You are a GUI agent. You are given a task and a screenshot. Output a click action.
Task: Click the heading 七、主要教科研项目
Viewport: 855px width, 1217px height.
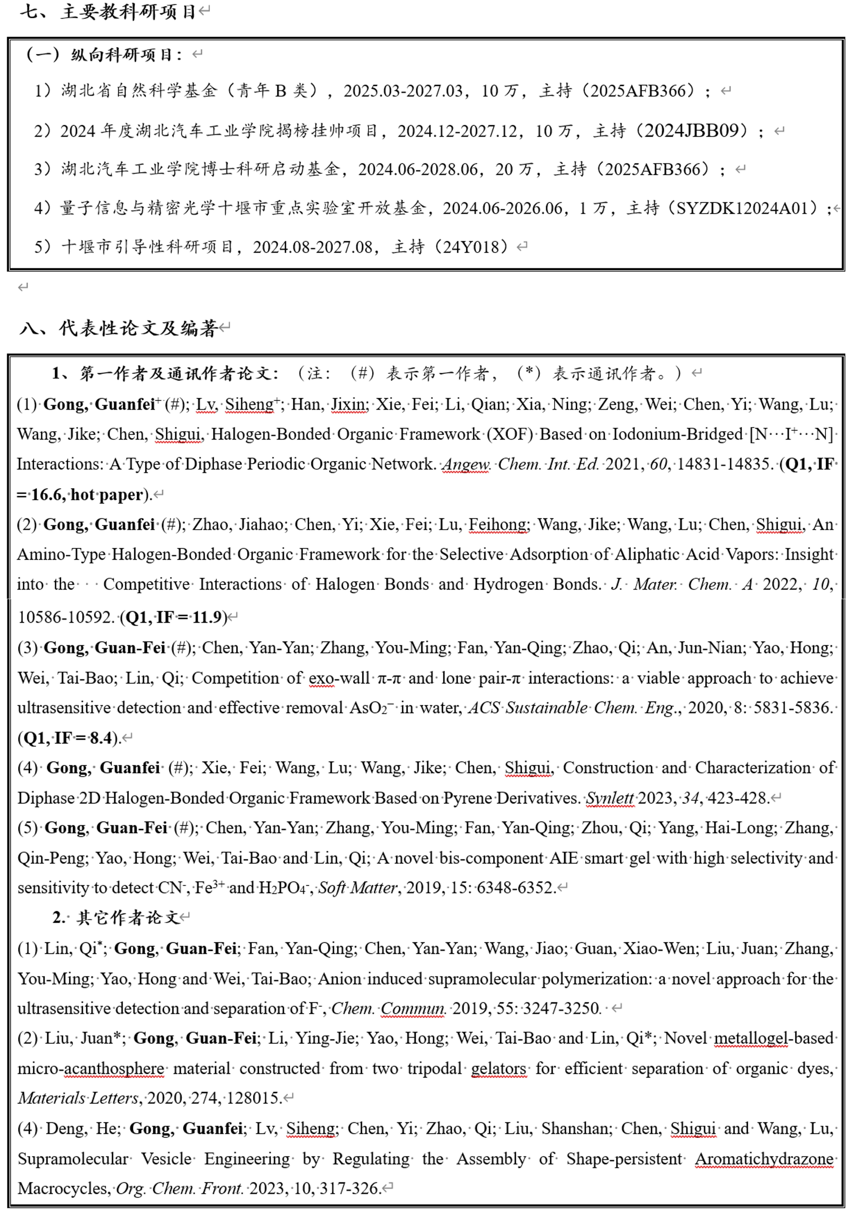click(109, 12)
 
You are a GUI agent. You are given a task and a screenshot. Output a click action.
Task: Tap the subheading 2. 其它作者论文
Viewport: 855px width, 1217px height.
click(117, 917)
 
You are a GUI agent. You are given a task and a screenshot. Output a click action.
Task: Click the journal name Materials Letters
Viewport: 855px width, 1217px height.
click(78, 1098)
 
